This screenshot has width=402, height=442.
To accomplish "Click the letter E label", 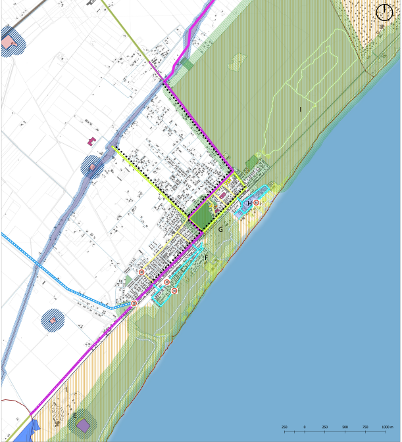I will coord(75,414).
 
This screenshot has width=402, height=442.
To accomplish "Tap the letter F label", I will coord(206,258).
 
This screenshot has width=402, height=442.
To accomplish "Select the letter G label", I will coord(220,229).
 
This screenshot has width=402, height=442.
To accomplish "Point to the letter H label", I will coord(249,204).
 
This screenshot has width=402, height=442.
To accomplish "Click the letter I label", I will coord(300,109).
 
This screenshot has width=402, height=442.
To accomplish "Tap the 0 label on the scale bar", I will coord(305,427).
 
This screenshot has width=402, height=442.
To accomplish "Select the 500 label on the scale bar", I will coord(345,427).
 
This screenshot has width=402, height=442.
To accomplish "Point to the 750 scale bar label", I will coord(364,427).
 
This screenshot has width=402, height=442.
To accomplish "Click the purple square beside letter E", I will coord(84,426).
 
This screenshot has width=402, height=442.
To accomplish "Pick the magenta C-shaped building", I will coord(91,141).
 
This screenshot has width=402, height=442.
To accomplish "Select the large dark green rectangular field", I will coord(203,213).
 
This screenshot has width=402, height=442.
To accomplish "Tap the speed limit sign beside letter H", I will coord(257,203).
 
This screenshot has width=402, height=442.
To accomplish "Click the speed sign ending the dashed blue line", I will coord(134,303).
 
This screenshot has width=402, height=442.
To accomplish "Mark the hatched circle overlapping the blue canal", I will coord(92,167).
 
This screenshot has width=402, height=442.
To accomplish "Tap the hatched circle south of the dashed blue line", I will coord(53,320).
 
